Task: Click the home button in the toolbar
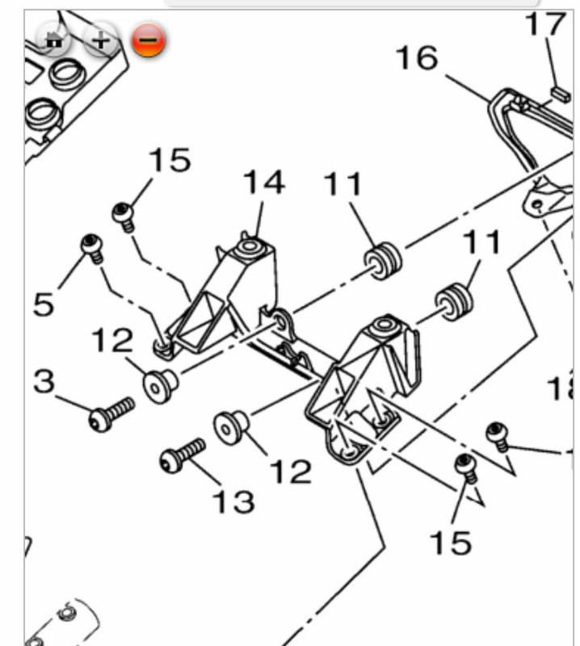[x=54, y=40]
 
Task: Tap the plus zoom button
[x=100, y=40]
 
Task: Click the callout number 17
[x=545, y=23]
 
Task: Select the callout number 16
[x=416, y=57]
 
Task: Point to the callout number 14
[x=264, y=182]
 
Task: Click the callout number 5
[x=45, y=304]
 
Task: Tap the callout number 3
[x=44, y=380]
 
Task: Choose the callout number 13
[x=233, y=501]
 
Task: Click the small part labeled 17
[x=557, y=94]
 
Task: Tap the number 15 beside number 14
[x=170, y=161]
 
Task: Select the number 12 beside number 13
[x=291, y=472]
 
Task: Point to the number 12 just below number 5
[x=111, y=341]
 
